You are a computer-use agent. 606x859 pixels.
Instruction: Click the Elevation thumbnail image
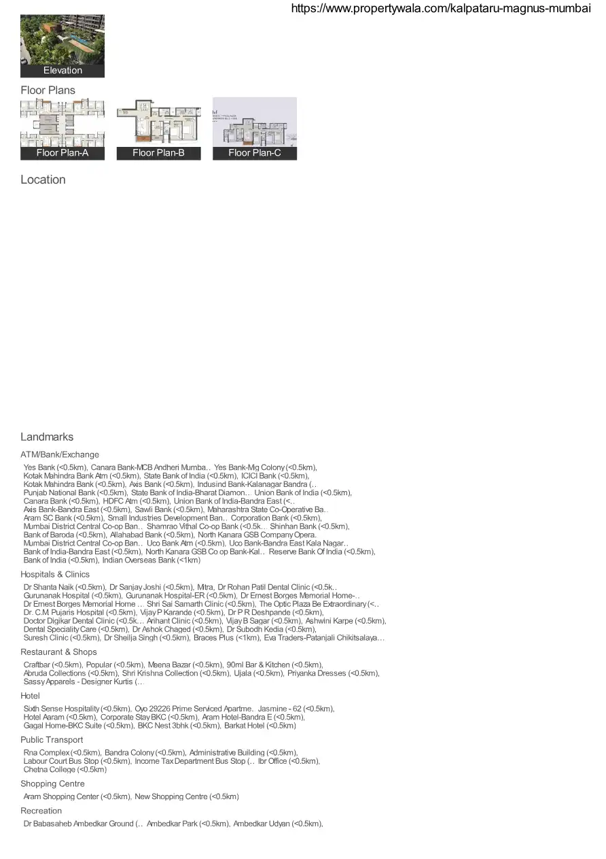pos(63,46)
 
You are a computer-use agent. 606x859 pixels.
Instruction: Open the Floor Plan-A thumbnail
pos(63,129)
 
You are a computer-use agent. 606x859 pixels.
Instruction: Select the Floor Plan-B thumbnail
pos(158,129)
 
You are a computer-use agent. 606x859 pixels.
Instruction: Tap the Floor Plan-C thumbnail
pos(255,129)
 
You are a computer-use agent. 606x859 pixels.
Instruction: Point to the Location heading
pos(43,180)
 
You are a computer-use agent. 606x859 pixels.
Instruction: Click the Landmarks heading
pos(47,437)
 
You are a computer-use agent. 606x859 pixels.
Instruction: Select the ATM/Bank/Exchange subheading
pos(60,454)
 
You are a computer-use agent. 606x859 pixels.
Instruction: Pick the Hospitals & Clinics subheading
pos(55,574)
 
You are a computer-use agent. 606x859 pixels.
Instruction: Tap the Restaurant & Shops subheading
pos(58,652)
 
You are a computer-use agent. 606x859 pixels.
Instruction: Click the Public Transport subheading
pos(52,739)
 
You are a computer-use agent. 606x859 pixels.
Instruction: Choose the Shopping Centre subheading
pos(52,784)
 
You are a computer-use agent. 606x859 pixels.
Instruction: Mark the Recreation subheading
pos(41,811)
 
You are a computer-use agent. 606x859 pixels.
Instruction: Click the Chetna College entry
pos(65,770)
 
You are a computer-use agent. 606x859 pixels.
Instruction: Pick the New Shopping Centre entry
pos(187,796)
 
